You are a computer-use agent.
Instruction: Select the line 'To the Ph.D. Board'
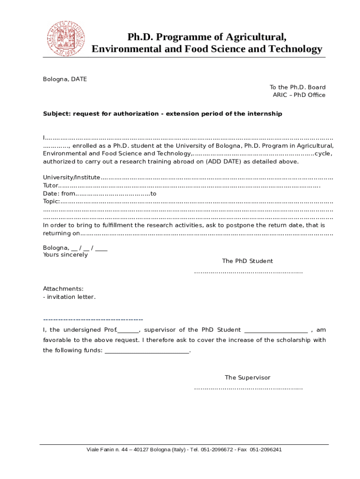(x=297, y=87)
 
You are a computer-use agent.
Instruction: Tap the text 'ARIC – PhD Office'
(x=299, y=95)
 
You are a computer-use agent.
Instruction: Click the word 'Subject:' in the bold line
(x=57, y=114)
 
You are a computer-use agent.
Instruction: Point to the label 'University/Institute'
(x=72, y=177)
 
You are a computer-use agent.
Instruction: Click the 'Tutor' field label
(x=50, y=185)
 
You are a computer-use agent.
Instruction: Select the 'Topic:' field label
(x=51, y=201)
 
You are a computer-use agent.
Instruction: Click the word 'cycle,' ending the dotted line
(x=324, y=153)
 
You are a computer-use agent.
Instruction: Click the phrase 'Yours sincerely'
(x=65, y=255)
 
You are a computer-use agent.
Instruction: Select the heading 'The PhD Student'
(x=247, y=261)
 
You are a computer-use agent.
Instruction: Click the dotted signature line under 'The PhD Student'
(x=248, y=272)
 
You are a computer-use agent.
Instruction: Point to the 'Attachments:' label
(x=63, y=289)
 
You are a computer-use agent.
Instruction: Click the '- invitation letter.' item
(x=69, y=297)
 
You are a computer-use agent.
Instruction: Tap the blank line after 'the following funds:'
(x=147, y=351)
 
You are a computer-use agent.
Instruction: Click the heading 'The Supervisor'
(x=247, y=377)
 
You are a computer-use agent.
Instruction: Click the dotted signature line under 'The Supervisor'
(x=248, y=388)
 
